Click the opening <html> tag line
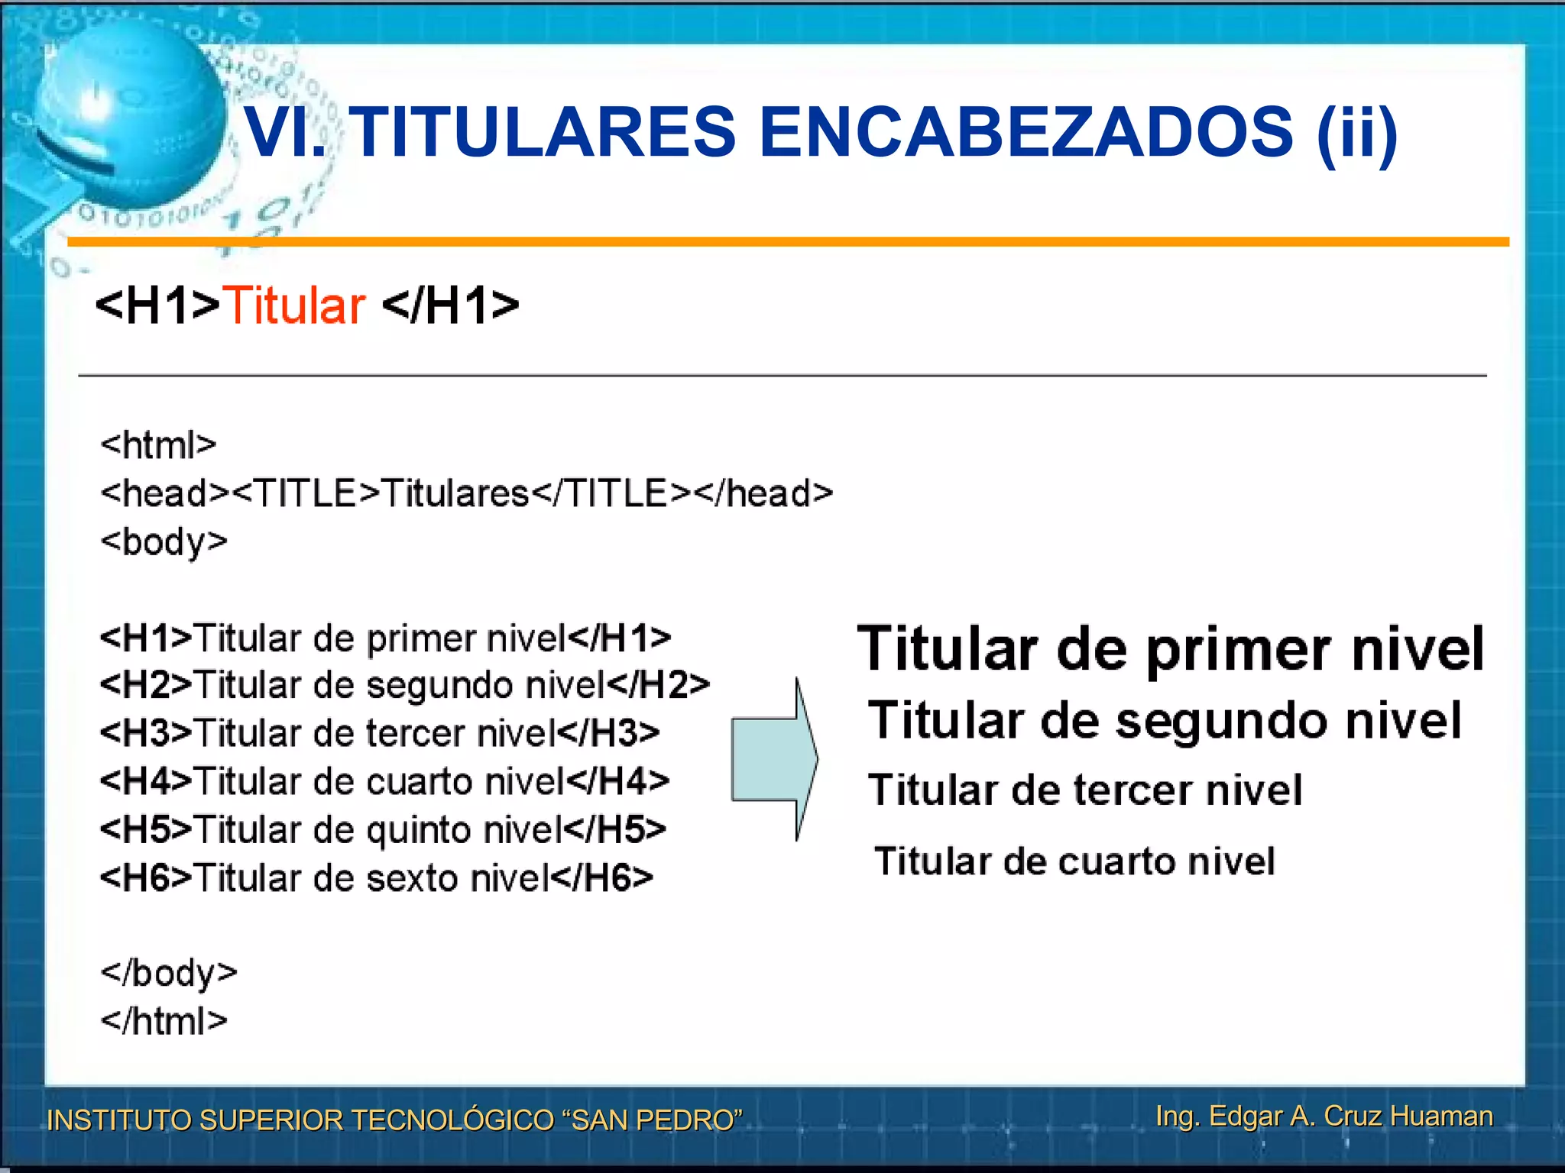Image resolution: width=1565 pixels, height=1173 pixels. coord(158,444)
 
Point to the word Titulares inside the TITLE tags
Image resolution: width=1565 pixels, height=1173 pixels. coord(455,493)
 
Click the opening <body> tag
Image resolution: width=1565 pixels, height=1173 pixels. coord(164,542)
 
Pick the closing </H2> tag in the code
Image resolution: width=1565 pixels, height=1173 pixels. coord(659,685)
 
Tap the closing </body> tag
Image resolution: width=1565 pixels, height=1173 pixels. coord(169,973)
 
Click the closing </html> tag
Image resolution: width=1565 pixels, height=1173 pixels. coord(164,1021)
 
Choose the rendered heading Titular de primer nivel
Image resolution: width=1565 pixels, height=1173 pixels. coord(1170,649)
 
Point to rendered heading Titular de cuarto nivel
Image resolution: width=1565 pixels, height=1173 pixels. coord(1074,861)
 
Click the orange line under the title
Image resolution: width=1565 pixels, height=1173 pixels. coord(787,242)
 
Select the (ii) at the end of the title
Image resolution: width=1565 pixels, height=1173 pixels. coord(1356,132)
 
